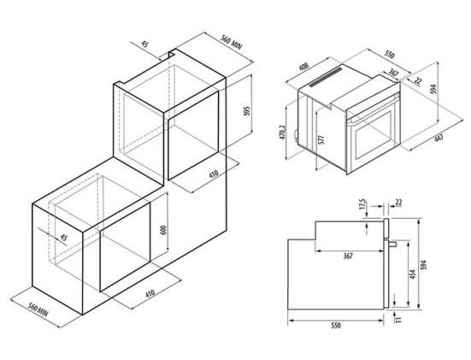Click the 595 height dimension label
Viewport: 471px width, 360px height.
pos(247,112)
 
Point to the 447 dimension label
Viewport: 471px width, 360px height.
pos(439,139)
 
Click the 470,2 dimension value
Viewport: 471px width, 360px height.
pos(282,133)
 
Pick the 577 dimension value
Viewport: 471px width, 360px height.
pos(321,140)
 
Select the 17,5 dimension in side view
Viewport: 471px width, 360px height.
pos(362,204)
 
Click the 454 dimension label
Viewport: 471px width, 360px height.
pos(412,274)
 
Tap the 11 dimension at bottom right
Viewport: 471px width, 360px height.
pos(398,320)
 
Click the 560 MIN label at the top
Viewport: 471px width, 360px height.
pos(232,41)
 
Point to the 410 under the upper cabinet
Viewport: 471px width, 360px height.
pos(213,174)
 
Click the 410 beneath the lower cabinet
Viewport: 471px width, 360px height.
pos(150,292)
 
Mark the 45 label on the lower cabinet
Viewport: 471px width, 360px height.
pos(63,238)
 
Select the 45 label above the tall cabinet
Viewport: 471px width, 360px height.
pos(144,44)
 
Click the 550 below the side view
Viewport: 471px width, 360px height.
pos(336,325)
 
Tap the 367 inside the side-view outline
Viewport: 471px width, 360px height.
pos(348,256)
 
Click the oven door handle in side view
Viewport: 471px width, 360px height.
pos(392,244)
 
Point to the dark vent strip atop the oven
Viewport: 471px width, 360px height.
pos(326,77)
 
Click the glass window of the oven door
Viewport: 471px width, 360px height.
pos(373,134)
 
